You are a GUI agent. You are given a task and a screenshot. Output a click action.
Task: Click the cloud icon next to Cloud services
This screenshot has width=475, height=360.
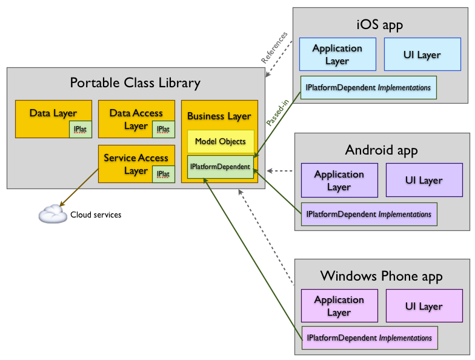(53, 213)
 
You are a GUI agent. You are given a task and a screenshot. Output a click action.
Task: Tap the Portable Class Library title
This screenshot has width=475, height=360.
(135, 83)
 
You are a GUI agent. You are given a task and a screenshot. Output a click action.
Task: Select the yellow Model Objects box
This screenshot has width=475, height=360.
(220, 141)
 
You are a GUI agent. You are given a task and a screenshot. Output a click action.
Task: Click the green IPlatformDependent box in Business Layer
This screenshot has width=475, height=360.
(220, 166)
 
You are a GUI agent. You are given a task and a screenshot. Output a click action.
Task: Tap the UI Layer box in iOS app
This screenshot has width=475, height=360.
(422, 55)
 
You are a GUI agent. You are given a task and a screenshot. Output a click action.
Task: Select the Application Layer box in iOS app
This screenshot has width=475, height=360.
(337, 55)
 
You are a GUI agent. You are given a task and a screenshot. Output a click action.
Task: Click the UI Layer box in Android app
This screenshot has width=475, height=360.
(424, 180)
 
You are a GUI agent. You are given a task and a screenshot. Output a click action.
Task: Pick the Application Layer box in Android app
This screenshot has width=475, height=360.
(339, 180)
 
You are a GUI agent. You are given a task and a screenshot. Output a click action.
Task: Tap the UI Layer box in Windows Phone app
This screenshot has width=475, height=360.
(424, 305)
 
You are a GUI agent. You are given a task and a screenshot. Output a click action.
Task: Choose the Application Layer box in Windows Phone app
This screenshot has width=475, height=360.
(339, 305)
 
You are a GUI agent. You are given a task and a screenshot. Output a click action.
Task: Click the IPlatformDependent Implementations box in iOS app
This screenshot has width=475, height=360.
(368, 88)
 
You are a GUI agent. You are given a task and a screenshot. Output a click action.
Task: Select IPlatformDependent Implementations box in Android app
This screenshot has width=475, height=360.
(369, 214)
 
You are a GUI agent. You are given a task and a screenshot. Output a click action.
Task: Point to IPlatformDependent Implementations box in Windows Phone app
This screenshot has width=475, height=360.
(369, 338)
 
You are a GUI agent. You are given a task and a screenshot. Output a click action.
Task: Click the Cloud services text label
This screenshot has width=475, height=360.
(96, 215)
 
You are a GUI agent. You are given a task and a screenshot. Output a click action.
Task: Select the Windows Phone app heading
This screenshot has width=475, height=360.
(381, 276)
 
